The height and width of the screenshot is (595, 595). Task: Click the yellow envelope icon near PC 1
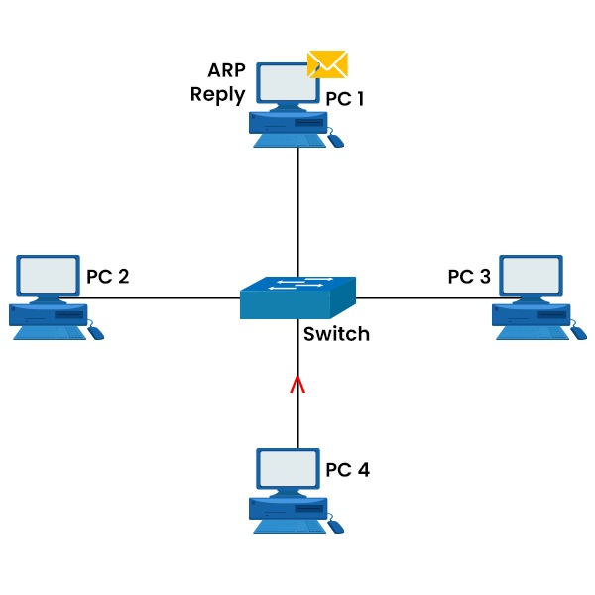[x=327, y=64]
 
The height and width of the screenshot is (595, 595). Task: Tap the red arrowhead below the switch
[x=297, y=385]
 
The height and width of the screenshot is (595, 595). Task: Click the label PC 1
[x=347, y=99]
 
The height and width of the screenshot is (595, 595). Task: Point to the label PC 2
[x=107, y=276]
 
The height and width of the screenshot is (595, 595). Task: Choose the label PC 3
[x=469, y=276]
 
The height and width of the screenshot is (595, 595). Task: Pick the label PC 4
[x=347, y=469]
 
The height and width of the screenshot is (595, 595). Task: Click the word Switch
[x=336, y=334]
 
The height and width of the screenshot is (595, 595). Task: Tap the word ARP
[x=226, y=71]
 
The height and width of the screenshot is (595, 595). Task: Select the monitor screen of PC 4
[x=287, y=467]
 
